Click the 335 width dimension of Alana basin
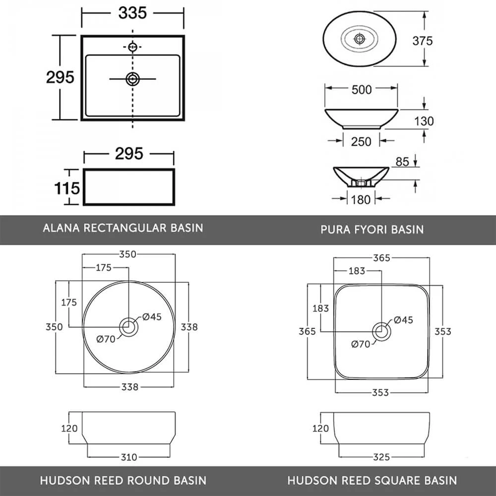(132, 13)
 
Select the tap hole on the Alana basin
(132, 47)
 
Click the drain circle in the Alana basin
(132, 79)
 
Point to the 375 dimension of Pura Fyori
(423, 41)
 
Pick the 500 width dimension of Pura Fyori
(361, 90)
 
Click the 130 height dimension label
(423, 121)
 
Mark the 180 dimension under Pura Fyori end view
(361, 199)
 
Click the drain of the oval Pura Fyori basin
(360, 38)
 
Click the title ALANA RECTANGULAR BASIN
(123, 228)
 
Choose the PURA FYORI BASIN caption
(372, 230)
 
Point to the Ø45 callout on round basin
(152, 317)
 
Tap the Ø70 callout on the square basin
(361, 344)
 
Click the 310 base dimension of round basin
(129, 457)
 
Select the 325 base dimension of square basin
(381, 457)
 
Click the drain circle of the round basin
(129, 327)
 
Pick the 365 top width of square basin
(381, 257)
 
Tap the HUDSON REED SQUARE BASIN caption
(372, 480)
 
